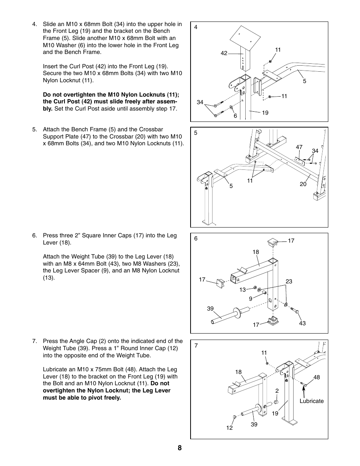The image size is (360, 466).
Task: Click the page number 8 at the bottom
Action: click(180, 448)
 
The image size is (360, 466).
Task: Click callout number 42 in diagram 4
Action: click(224, 53)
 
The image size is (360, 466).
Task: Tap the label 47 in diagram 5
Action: click(299, 148)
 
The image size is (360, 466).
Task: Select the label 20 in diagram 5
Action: click(303, 184)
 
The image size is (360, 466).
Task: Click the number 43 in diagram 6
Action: click(302, 323)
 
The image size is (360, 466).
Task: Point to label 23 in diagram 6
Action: click(289, 281)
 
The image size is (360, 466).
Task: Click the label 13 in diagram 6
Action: click(242, 290)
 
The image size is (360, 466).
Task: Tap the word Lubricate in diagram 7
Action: click(311, 401)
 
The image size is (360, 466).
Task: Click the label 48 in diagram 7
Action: click(316, 377)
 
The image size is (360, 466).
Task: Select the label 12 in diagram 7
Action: click(229, 428)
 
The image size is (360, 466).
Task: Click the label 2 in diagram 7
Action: click(277, 391)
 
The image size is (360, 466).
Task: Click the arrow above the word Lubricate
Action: click(303, 390)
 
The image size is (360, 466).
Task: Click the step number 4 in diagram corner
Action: click(195, 27)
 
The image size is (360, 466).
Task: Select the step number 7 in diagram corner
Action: click(196, 345)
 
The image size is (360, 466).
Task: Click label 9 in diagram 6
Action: click(251, 298)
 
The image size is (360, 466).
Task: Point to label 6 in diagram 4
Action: click(235, 116)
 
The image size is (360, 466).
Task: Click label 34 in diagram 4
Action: click(200, 102)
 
